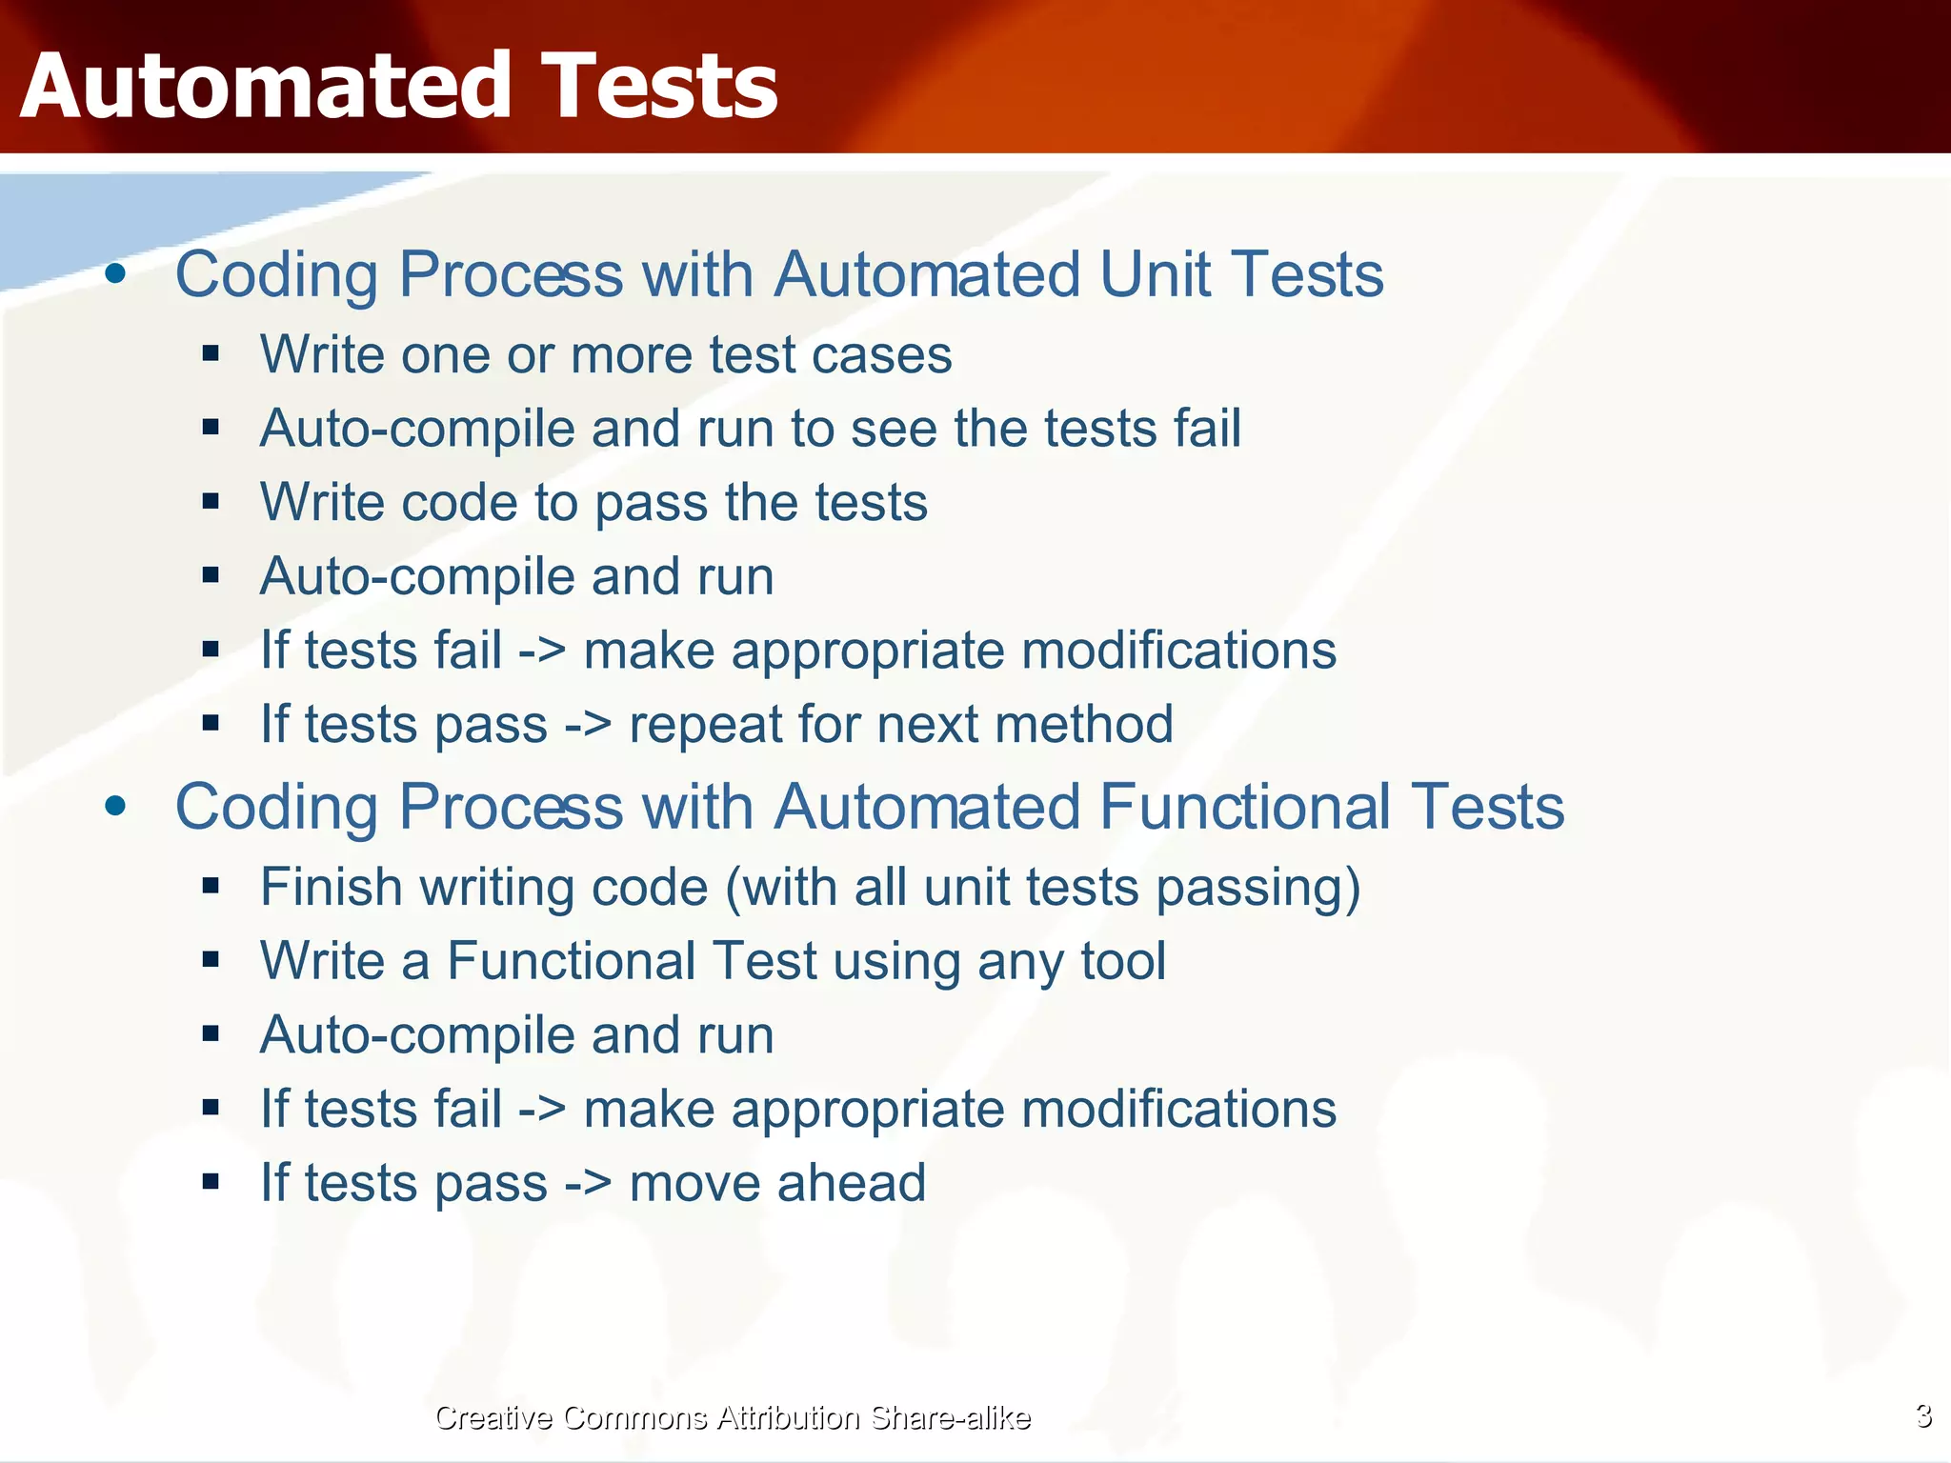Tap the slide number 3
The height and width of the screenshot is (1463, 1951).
[1923, 1416]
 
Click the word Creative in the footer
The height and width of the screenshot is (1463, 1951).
[493, 1418]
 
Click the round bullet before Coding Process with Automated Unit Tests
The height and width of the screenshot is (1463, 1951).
[116, 275]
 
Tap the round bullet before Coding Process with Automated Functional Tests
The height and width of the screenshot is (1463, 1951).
[116, 808]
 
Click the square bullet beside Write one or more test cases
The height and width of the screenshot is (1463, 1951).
[211, 355]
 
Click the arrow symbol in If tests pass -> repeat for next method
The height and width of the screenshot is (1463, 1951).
[588, 726]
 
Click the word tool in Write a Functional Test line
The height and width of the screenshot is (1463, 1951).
[1123, 961]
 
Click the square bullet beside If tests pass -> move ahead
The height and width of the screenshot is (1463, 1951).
[211, 1183]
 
